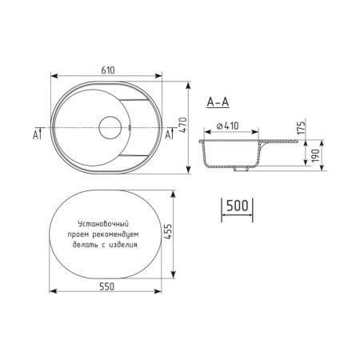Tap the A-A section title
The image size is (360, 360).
pyautogui.click(x=218, y=102)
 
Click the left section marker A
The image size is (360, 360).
pyautogui.click(x=37, y=134)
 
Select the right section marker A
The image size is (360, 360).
pyautogui.click(x=169, y=134)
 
